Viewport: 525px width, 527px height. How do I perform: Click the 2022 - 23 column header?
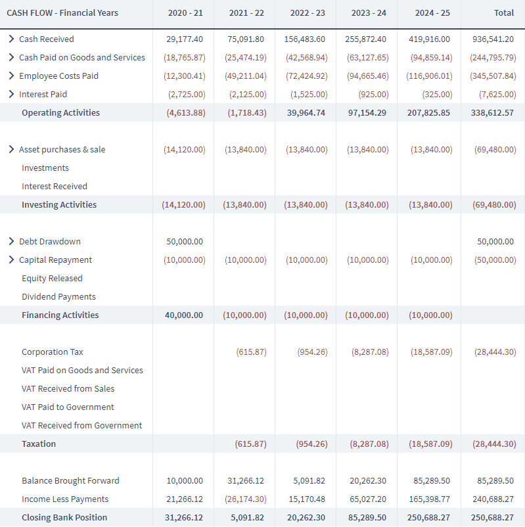(x=308, y=12)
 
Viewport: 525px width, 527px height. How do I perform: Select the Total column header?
(x=504, y=12)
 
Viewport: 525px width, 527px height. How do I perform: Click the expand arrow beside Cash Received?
(x=11, y=39)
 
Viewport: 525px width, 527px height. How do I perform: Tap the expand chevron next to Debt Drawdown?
(x=11, y=241)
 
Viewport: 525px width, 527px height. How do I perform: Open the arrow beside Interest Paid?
(x=11, y=94)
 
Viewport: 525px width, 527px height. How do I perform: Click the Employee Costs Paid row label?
(x=59, y=76)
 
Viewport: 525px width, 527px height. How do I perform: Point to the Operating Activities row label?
(x=61, y=112)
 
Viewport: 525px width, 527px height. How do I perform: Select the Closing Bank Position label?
(x=64, y=517)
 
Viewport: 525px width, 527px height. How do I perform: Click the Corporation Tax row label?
(x=53, y=352)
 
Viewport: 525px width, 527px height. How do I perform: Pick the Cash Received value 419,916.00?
(x=429, y=39)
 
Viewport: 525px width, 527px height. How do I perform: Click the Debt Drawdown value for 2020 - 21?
(x=185, y=241)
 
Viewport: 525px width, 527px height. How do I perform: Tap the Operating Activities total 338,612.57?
(x=492, y=112)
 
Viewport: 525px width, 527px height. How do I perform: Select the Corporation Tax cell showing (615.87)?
(x=251, y=352)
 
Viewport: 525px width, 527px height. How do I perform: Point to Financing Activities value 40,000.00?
(x=184, y=315)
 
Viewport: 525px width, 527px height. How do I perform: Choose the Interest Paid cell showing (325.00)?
(x=437, y=94)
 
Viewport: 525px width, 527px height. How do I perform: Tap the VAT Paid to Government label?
(x=68, y=407)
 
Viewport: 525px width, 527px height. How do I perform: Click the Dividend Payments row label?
(x=59, y=297)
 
